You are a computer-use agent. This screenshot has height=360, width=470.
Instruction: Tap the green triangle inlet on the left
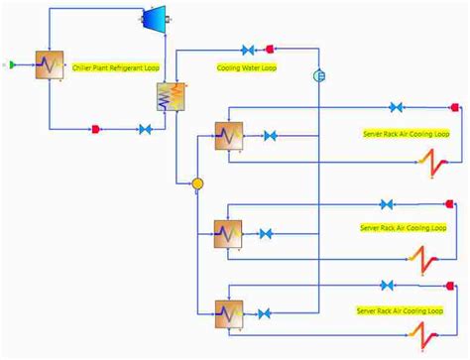pyautogui.click(x=11, y=64)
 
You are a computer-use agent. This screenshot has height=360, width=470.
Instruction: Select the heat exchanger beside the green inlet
pyautogui.click(x=49, y=67)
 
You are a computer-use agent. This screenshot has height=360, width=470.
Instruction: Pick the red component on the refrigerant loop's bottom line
pyautogui.click(x=95, y=129)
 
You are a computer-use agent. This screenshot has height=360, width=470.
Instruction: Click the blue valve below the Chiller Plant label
pyautogui.click(x=145, y=129)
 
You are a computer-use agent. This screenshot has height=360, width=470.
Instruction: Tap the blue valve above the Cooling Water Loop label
pyautogui.click(x=249, y=49)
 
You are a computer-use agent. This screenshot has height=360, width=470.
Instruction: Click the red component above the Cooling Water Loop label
pyautogui.click(x=270, y=48)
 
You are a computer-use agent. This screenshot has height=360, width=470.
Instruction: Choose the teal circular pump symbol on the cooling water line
pyautogui.click(x=319, y=75)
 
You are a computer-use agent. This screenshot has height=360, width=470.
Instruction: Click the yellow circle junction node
pyautogui.click(x=197, y=183)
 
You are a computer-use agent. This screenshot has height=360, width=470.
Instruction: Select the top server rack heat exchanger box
pyautogui.click(x=229, y=136)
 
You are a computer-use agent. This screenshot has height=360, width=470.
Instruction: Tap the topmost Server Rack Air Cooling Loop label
pyautogui.click(x=407, y=134)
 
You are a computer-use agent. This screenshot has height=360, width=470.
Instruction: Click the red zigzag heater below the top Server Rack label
pyautogui.click(x=429, y=161)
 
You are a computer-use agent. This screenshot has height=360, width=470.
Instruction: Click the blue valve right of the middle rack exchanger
pyautogui.click(x=266, y=235)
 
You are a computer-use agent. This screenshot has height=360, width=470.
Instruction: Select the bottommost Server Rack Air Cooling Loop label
pyautogui.click(x=401, y=311)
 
